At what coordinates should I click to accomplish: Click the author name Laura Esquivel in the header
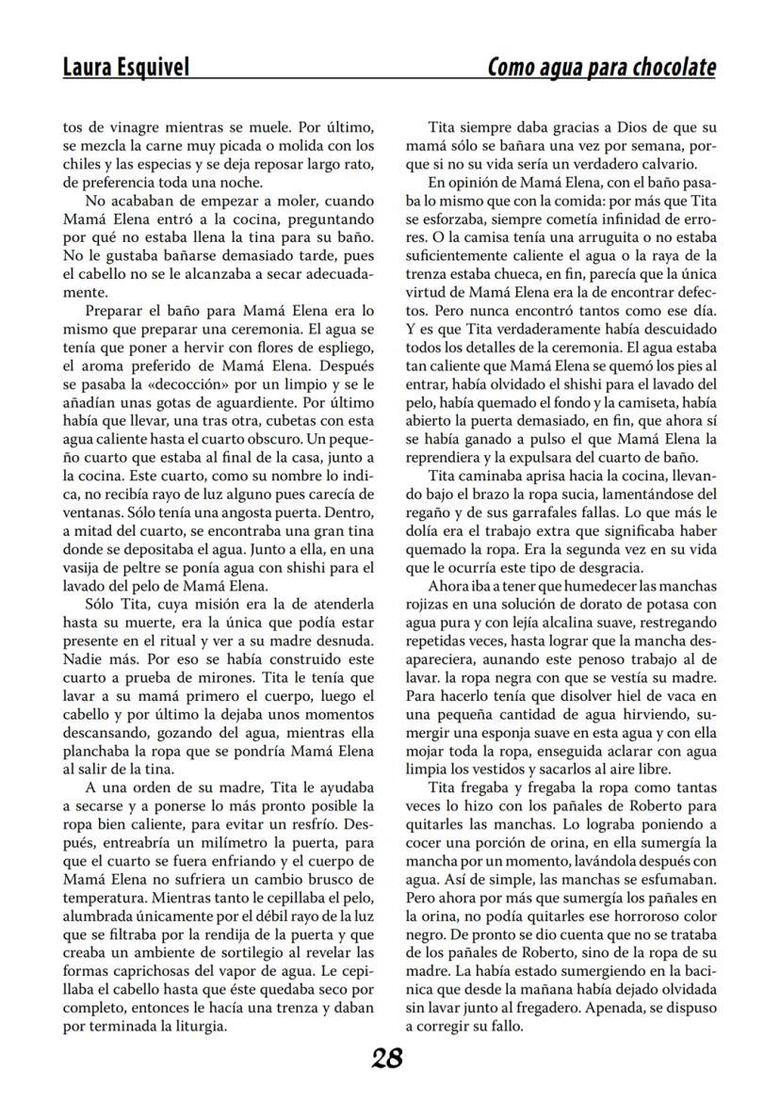click(125, 67)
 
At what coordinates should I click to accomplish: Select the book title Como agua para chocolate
click(601, 67)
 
